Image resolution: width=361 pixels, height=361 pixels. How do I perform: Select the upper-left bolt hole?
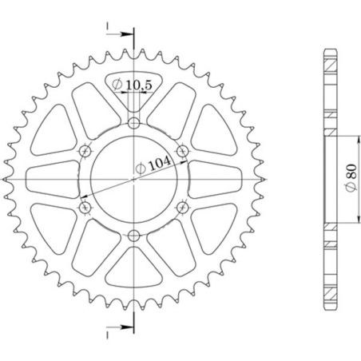click(85, 150)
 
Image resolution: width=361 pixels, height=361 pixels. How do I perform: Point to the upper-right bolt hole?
click(182, 150)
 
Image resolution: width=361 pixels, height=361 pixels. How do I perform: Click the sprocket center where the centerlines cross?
click(133, 179)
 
